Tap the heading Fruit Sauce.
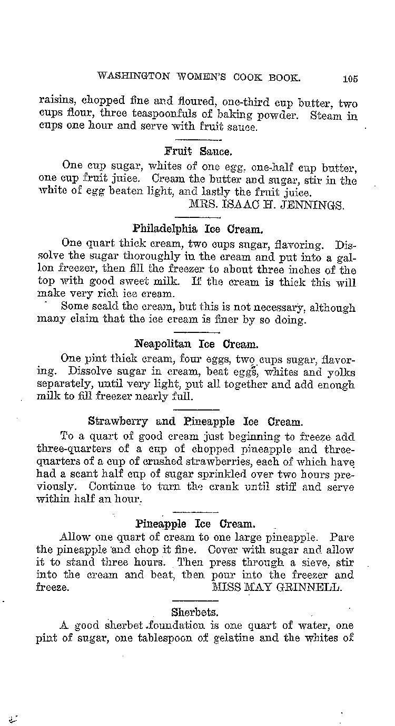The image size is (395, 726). tap(197, 151)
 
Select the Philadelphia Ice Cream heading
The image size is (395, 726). tap(197, 229)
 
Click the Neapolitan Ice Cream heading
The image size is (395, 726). tap(196, 345)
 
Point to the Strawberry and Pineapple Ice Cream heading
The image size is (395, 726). tap(195, 422)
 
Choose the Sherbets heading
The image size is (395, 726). tap(195, 612)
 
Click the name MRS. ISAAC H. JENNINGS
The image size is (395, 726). tap(266, 205)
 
